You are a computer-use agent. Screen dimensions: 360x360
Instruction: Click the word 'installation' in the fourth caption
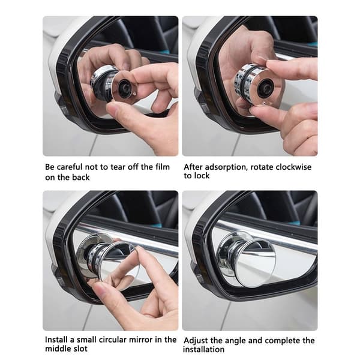point(203,350)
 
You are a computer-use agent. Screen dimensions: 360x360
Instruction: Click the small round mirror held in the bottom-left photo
point(119,263)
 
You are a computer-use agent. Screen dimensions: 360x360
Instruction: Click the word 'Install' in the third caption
point(55,340)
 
